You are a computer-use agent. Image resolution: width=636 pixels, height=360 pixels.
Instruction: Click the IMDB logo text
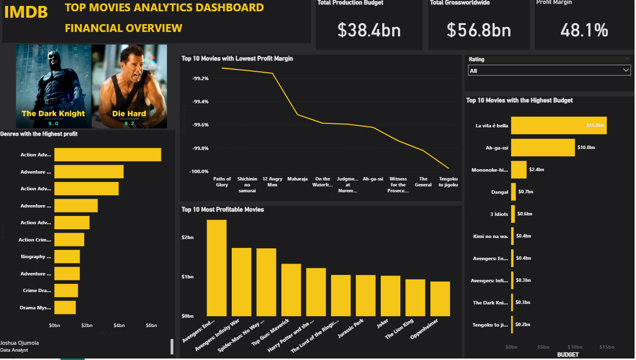pos(26,12)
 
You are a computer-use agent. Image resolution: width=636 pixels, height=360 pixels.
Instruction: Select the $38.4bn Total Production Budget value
pos(369,30)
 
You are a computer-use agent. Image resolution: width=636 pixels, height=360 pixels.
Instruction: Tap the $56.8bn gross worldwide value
pos(479,30)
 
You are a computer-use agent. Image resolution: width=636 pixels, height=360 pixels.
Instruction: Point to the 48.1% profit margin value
pos(584,30)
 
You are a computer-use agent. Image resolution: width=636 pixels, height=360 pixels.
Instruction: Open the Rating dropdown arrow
pos(626,70)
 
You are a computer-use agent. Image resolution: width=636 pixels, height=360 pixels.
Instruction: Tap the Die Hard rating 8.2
pos(129,123)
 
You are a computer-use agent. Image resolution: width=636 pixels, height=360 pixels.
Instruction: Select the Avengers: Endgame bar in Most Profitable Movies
pos(216,268)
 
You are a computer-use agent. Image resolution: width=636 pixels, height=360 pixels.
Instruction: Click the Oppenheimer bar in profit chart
pos(440,299)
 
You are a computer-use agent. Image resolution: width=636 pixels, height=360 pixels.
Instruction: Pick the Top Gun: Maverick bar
pos(291,290)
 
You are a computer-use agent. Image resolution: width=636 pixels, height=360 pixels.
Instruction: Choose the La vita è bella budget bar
pos(558,125)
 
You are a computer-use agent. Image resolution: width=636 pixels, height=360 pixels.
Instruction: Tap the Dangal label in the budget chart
pos(499,192)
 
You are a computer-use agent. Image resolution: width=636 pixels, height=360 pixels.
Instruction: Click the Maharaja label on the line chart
pos(297,179)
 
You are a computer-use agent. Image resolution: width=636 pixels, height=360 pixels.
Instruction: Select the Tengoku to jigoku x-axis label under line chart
pos(448,182)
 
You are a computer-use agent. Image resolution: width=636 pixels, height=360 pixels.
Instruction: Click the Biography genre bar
pos(67,257)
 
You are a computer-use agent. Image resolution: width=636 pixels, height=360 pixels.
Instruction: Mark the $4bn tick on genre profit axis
pos(119,326)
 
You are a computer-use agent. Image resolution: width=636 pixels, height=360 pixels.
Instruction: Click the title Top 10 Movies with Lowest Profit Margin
pos(237,59)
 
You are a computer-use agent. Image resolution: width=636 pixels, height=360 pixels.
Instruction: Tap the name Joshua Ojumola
pos(20,343)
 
